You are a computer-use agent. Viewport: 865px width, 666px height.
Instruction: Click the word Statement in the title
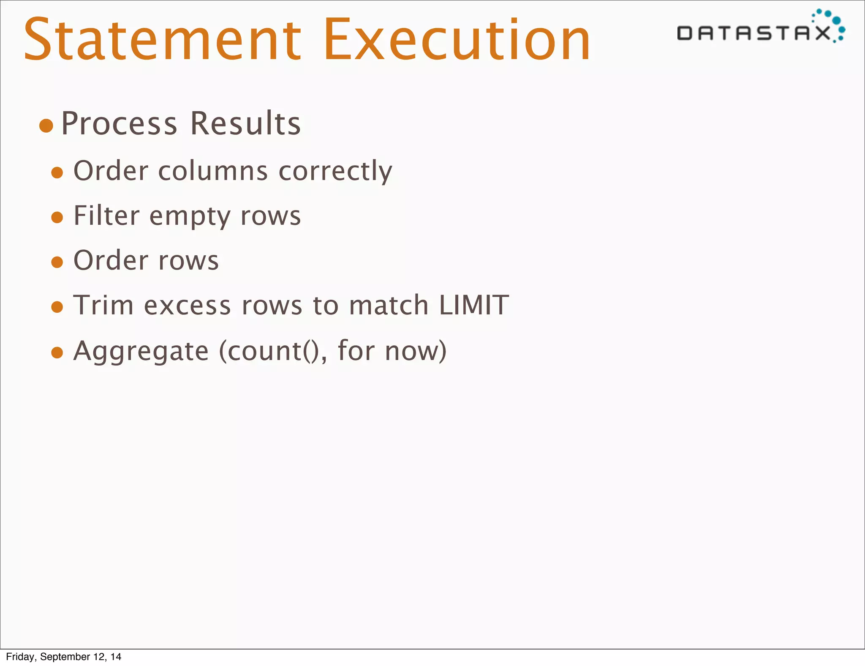point(162,40)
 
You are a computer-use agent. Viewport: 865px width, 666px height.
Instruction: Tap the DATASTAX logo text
point(753,33)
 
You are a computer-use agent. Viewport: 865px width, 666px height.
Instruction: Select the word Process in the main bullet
point(119,124)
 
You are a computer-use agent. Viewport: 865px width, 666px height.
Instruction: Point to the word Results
point(245,124)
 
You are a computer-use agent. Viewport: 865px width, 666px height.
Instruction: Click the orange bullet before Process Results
point(46,126)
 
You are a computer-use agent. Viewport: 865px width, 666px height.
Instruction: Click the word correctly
point(335,171)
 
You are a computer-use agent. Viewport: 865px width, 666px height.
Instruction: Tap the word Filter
point(106,216)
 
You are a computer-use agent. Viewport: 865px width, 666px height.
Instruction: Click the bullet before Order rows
point(57,262)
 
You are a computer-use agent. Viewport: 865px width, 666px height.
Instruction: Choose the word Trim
point(103,305)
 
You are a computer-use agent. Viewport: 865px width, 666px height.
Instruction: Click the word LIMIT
point(473,305)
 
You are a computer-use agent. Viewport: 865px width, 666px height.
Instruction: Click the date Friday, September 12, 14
point(64,657)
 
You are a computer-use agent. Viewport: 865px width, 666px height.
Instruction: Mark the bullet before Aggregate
point(57,352)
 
